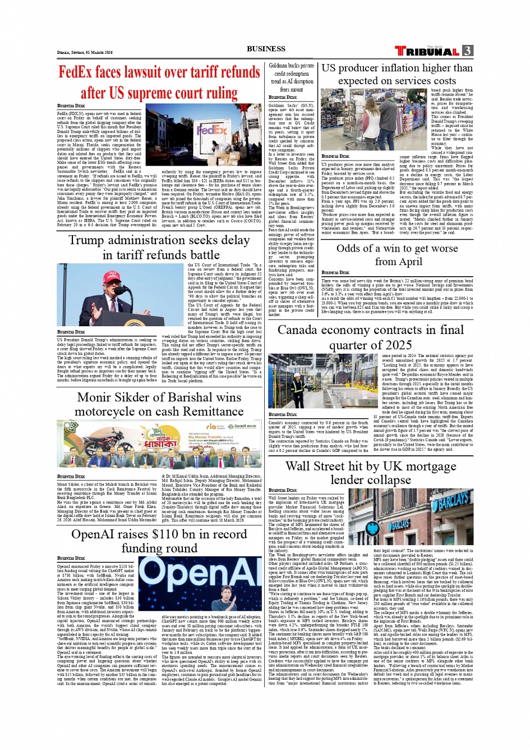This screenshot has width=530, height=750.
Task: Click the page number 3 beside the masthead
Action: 468,51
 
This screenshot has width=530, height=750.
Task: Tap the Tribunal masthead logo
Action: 428,51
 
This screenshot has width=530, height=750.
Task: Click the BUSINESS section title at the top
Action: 266,49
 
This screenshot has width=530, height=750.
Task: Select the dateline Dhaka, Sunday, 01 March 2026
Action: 85,52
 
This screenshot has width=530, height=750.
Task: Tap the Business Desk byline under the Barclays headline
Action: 283,490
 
